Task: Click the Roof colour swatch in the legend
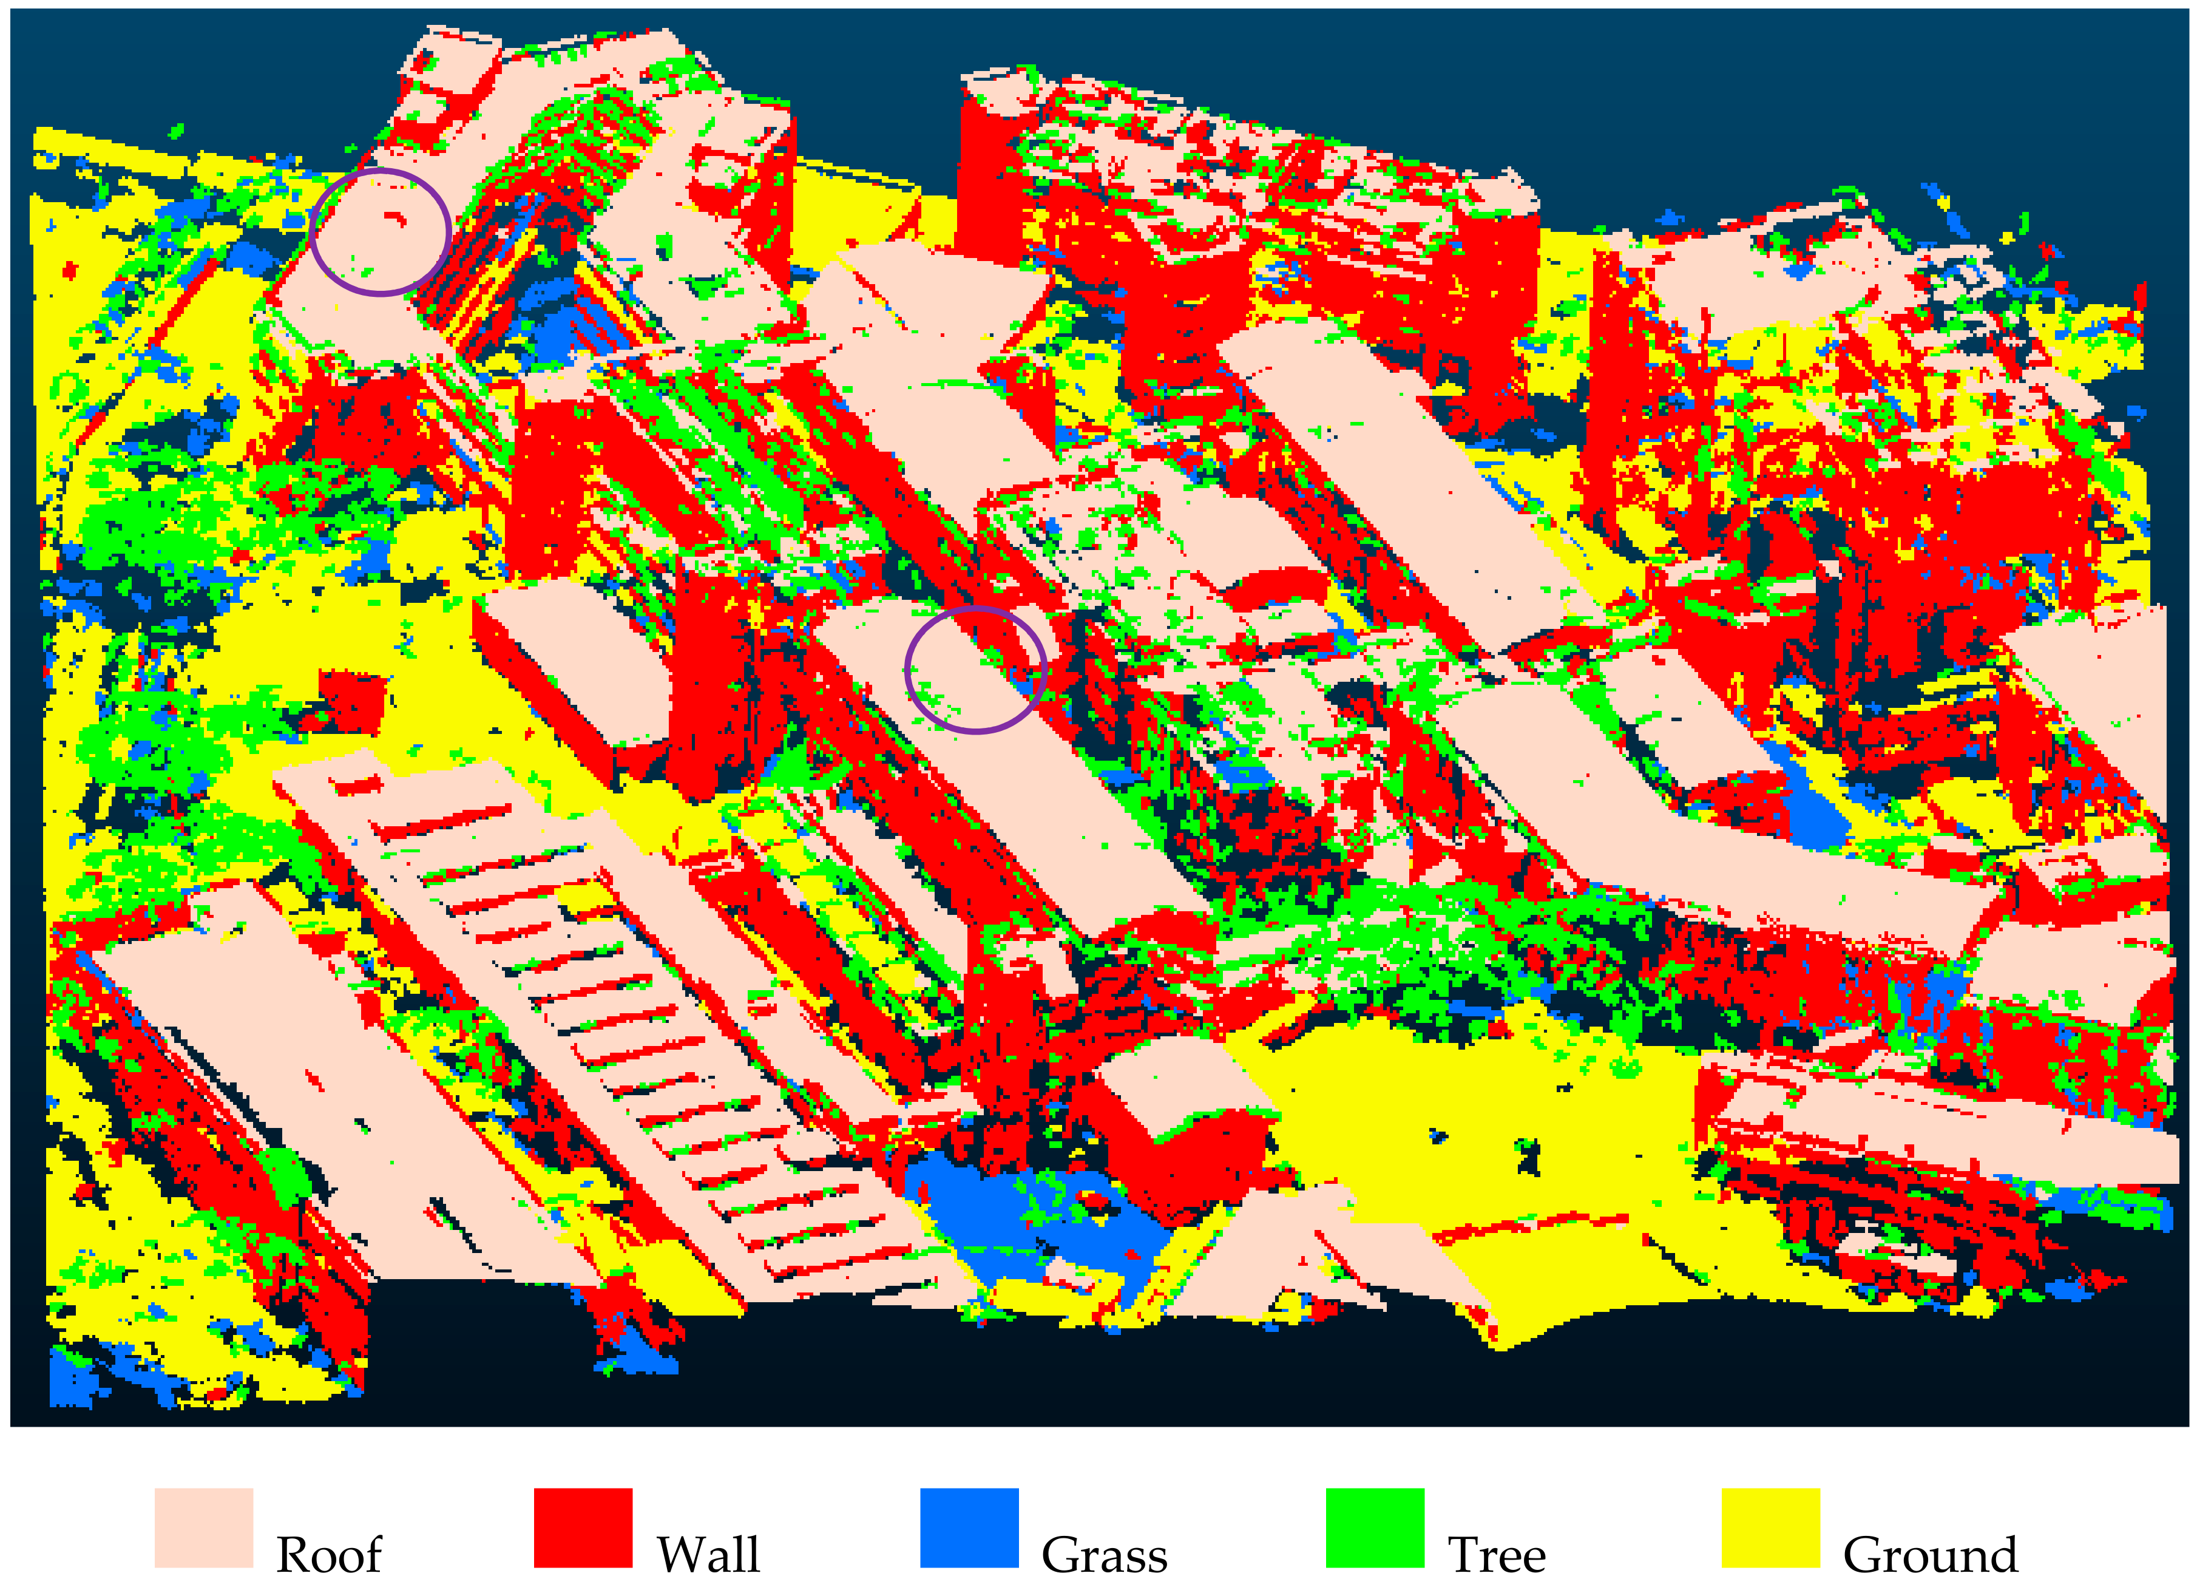tap(203, 1528)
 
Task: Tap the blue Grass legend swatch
tap(969, 1528)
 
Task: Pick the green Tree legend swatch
tap(1375, 1528)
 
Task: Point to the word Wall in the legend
tap(708, 1555)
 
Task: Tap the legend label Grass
tap(1105, 1555)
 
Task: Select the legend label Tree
tap(1497, 1555)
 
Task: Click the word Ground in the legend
tap(1929, 1555)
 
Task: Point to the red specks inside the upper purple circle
tap(395, 218)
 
